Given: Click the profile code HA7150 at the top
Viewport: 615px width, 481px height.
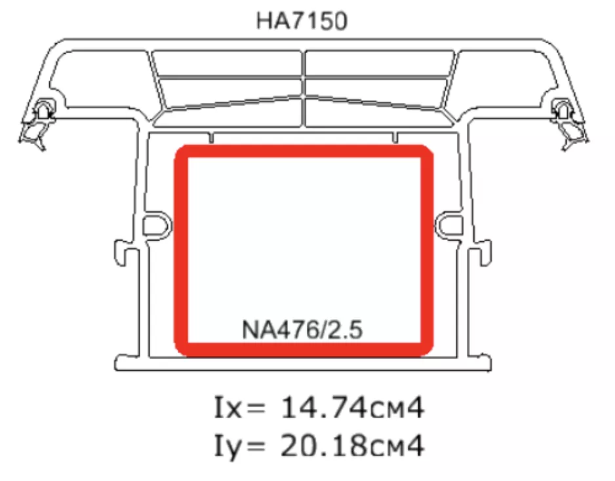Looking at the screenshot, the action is point(302,21).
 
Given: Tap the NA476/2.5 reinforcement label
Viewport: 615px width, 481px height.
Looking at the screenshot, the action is point(302,330).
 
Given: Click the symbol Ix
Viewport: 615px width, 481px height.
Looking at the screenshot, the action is point(228,408).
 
